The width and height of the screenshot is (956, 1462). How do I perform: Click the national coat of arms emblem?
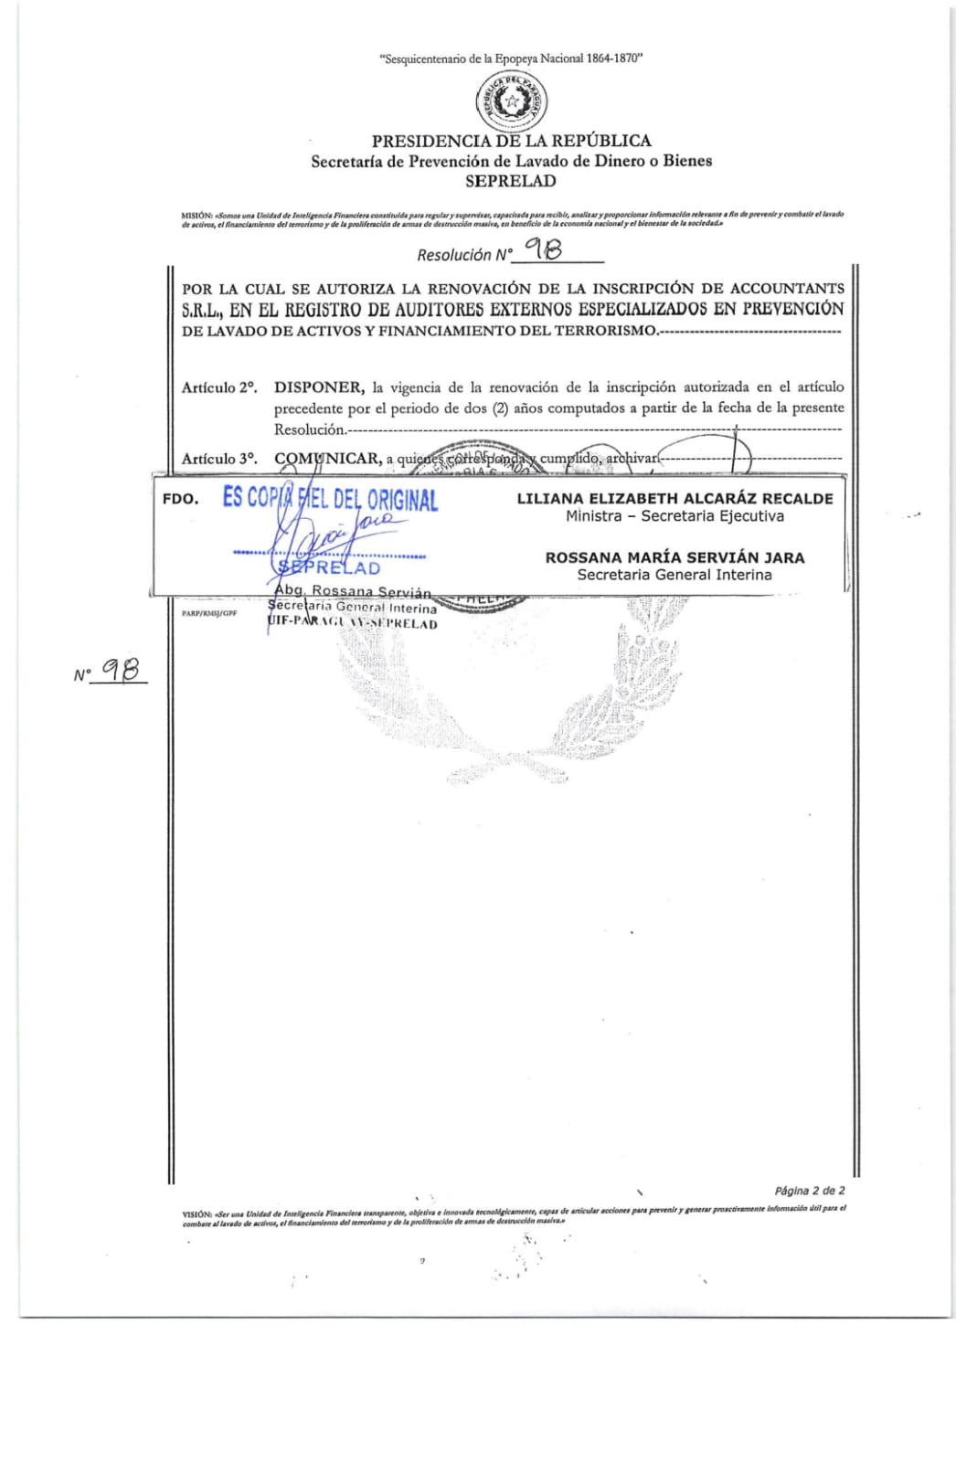pos(512,102)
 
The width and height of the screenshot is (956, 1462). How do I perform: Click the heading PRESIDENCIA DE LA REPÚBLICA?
pos(511,141)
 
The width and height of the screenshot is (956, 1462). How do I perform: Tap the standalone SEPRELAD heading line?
pos(510,181)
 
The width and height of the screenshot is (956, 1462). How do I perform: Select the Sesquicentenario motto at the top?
pos(511,58)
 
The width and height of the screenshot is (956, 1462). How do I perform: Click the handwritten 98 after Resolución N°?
pos(543,250)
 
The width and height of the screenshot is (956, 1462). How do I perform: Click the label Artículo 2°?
pos(218,387)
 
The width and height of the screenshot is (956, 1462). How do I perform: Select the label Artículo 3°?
pos(218,459)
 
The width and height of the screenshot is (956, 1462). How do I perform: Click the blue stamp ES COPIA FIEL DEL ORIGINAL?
pos(330,499)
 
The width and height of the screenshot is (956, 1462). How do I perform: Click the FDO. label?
pos(180,500)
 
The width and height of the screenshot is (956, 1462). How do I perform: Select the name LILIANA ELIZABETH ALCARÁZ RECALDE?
pos(675,499)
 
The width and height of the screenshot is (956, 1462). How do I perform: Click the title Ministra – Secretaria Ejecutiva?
pos(675,516)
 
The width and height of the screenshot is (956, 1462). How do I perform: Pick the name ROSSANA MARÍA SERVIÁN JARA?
pos(675,557)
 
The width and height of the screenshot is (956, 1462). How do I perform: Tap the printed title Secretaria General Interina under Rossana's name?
pos(675,575)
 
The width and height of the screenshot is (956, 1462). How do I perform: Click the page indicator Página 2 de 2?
pos(809,1191)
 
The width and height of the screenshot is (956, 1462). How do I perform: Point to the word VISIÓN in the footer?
pos(197,1214)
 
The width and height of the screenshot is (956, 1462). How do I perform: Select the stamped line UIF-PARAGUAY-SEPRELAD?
pos(353,624)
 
